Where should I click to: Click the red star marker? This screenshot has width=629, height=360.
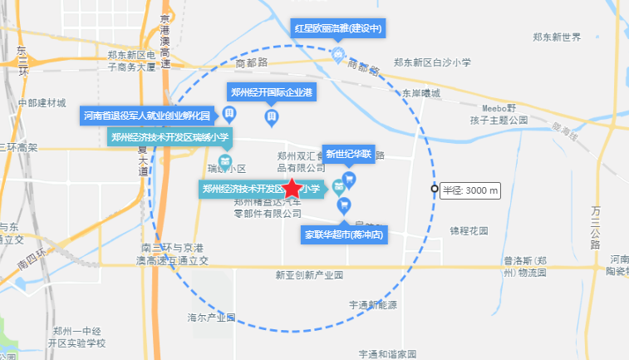tap(292, 189)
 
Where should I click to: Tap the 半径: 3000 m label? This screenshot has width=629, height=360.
tap(470, 190)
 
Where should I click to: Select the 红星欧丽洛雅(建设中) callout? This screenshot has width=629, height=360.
tap(338, 28)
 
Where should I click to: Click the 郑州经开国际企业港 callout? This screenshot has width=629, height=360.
tap(271, 91)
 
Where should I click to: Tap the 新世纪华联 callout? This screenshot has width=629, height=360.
tap(350, 154)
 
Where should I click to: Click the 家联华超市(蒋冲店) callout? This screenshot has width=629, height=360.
tap(344, 234)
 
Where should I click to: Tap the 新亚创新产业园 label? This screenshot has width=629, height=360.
tap(309, 274)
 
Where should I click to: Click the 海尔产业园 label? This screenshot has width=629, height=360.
tap(212, 318)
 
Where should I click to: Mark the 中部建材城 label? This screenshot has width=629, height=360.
tap(42, 103)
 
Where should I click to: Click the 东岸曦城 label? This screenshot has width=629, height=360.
tap(420, 94)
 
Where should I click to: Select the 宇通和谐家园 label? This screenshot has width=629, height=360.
tap(387, 354)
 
